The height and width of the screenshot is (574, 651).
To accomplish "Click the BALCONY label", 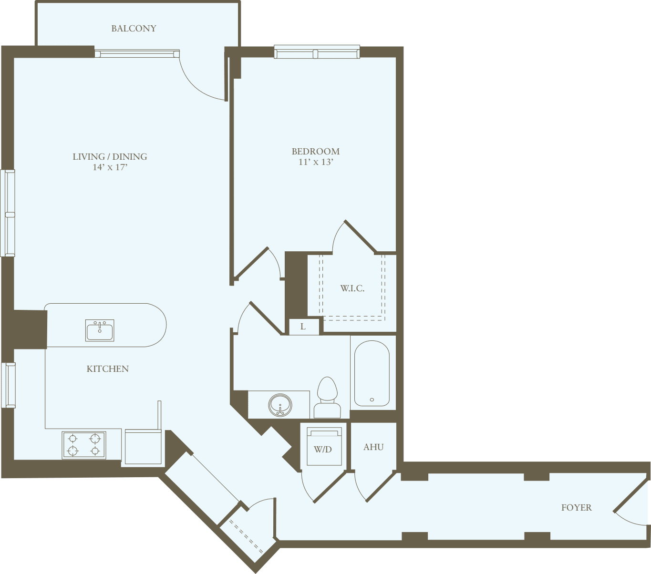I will [x=134, y=29].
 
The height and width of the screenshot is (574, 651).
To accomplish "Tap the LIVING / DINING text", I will [x=110, y=156].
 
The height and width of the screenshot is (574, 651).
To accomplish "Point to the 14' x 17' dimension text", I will [x=110, y=167].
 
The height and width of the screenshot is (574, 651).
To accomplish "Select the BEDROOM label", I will [x=316, y=151].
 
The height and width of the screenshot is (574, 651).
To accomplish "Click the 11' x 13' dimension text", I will [x=316, y=162].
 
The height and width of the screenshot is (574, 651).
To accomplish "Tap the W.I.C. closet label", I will [x=352, y=288].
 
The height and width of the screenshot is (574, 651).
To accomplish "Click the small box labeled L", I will [x=303, y=327].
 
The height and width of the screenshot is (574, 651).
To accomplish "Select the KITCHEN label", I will [x=108, y=369].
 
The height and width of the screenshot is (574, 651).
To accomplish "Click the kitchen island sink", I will [x=100, y=330].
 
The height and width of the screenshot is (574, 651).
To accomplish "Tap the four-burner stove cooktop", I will [x=84, y=445].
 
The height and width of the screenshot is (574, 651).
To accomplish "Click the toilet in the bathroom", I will [x=327, y=397].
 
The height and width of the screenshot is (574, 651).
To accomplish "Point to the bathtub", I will [x=372, y=374].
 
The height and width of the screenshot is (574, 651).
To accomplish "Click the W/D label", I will [x=323, y=449].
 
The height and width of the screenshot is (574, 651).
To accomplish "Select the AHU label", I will [x=373, y=447].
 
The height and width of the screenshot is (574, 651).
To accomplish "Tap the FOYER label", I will [x=576, y=508].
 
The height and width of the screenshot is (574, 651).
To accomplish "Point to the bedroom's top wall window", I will [x=317, y=52].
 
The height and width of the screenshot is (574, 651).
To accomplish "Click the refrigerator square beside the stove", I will [x=143, y=447].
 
